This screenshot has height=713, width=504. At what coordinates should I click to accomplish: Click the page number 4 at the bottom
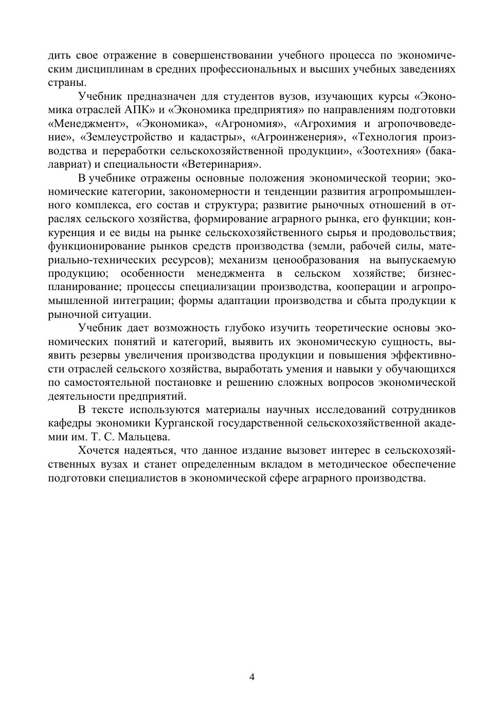point(252,676)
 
